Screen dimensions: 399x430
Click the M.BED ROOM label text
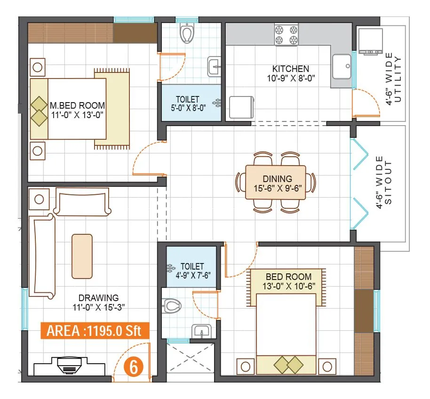click(77, 105)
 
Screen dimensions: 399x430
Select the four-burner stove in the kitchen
click(286, 35)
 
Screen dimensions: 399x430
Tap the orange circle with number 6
click(134, 367)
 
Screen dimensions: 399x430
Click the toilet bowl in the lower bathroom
click(173, 306)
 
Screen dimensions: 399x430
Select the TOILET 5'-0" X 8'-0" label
click(188, 104)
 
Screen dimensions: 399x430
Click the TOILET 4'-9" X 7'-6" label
click(192, 271)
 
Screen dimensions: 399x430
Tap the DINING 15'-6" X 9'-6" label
click(278, 184)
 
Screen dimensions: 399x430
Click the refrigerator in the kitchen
click(241, 108)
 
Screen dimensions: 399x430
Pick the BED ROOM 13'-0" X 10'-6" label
click(288, 281)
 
